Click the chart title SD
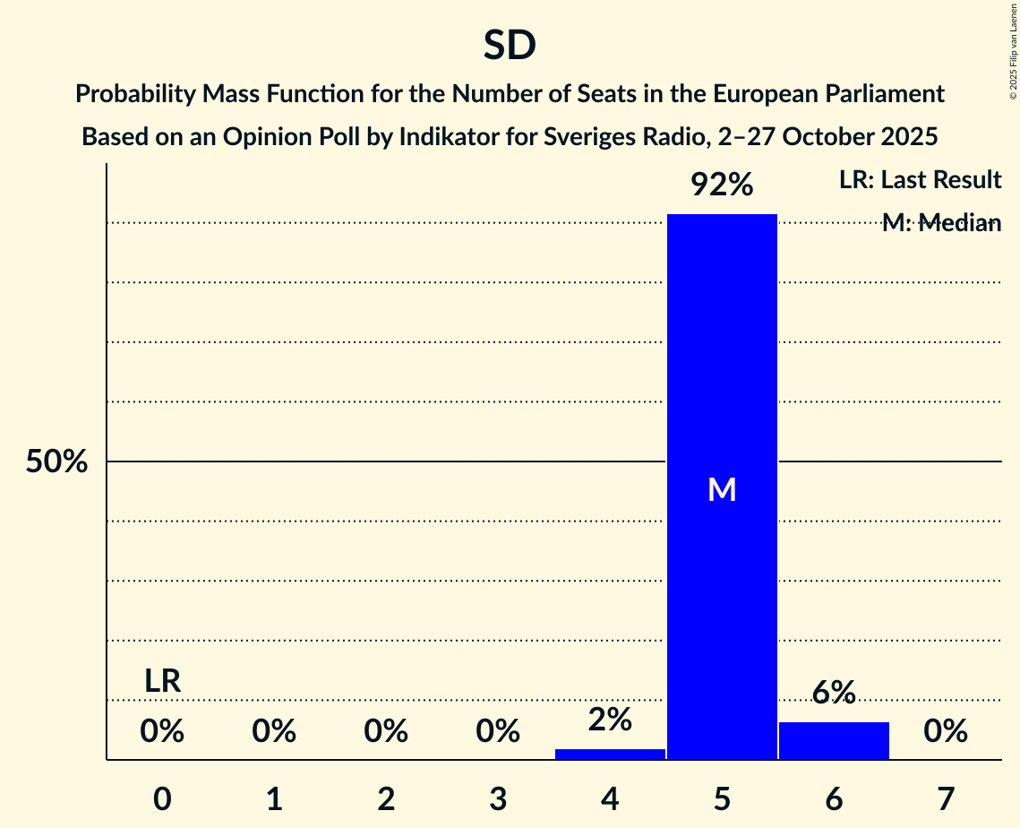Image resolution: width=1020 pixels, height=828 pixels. click(510, 46)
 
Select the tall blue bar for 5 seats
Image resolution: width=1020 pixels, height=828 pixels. click(722, 358)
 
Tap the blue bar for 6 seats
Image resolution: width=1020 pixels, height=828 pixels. click(834, 740)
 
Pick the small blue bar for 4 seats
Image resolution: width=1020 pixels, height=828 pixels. click(610, 754)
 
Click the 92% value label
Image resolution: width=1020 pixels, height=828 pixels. click(722, 185)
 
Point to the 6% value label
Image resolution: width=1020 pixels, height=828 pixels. click(834, 693)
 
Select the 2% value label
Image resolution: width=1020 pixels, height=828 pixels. click(610, 720)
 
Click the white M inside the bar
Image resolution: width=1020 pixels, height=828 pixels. click(722, 489)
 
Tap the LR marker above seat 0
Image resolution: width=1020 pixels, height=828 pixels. click(162, 682)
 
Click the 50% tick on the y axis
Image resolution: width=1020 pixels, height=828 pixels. click(56, 462)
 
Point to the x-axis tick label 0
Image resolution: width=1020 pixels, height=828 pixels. click(162, 798)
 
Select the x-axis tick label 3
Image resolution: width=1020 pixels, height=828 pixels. click(498, 798)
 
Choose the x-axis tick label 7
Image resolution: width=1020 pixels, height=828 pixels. click(946, 798)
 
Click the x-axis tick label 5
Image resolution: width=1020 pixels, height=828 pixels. click(722, 798)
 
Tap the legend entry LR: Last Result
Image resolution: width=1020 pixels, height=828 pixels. click(920, 180)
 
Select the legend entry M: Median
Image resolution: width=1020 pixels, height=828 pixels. click(940, 223)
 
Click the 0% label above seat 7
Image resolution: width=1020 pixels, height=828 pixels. click(946, 732)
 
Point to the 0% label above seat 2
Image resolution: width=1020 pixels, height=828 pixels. click(386, 732)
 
